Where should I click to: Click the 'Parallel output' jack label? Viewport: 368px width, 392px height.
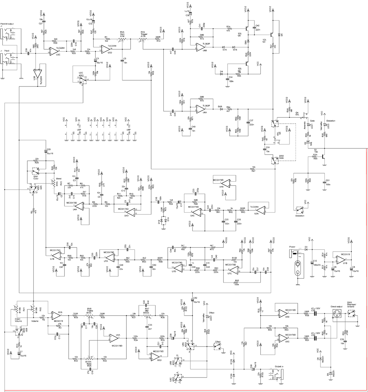pyautogui.click(x=7, y=24)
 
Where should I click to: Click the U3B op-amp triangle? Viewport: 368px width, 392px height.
pyautogui.click(x=37, y=74)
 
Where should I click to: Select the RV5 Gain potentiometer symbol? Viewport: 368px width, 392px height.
pyautogui.click(x=122, y=40)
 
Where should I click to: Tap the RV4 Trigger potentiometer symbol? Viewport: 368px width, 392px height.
pyautogui.click(x=143, y=40)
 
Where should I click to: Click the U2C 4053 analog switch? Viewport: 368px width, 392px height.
pyautogui.click(x=81, y=80)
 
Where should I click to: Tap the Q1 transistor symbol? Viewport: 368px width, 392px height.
pyautogui.click(x=324, y=156)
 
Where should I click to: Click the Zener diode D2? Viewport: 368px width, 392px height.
pyautogui.click(x=309, y=143)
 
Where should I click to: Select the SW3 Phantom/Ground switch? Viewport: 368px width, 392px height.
pyautogui.click(x=351, y=313)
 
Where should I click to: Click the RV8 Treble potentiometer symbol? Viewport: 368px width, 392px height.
pyautogui.click(x=89, y=315)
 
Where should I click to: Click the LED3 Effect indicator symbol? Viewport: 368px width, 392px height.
pyautogui.click(x=208, y=317)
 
